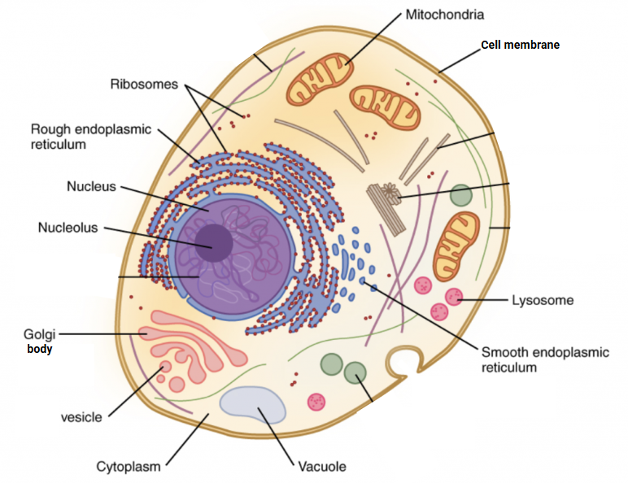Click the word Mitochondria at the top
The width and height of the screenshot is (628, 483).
[x=444, y=15]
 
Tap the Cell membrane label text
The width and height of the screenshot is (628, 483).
[x=520, y=45]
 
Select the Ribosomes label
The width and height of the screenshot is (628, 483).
[x=144, y=84]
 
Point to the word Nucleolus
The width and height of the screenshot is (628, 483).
[x=68, y=228]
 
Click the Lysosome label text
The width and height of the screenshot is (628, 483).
[x=542, y=300]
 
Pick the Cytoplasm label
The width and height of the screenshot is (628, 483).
[x=129, y=466]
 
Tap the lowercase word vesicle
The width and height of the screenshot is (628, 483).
[x=81, y=417]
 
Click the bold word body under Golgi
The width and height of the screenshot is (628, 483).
[x=38, y=350]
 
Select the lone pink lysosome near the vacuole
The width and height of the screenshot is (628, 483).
[x=316, y=401]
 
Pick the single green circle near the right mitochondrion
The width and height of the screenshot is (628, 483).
[x=461, y=195]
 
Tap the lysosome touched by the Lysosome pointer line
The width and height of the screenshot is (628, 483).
[x=453, y=298]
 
